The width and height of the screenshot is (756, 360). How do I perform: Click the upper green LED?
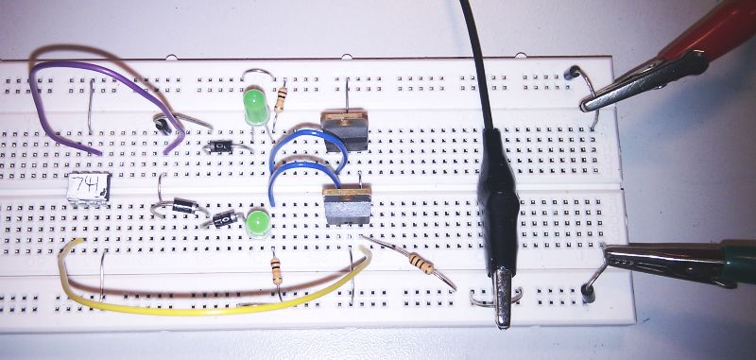[254, 101]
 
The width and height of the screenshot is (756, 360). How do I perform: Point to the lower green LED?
[257, 225]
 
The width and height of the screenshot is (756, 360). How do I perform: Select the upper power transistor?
[344, 129]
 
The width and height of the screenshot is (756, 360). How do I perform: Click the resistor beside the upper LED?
[283, 97]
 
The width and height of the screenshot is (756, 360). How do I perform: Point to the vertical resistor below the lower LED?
[275, 271]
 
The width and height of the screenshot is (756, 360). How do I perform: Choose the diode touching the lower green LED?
[227, 220]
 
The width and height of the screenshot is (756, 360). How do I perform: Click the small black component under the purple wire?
[163, 121]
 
